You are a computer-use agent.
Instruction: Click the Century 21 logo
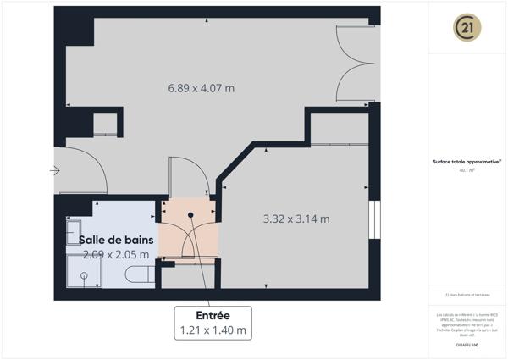pos(468,28)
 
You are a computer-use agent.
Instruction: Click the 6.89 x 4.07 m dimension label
pos(201,88)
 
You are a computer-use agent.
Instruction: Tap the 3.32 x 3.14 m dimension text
pos(295,219)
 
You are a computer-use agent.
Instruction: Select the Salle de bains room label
pos(116,240)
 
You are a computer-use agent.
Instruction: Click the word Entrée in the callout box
pos(213,315)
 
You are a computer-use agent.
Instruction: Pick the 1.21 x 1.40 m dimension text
pos(213,330)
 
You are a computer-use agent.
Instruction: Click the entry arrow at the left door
pos(55,170)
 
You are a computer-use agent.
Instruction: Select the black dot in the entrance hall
pos(191,214)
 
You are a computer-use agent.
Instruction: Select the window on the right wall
pos(373,219)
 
